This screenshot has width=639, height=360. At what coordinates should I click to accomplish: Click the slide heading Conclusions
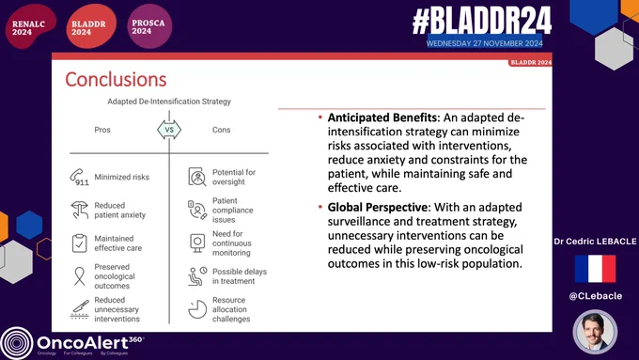(x=116, y=80)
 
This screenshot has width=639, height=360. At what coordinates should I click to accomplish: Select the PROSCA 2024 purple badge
(x=149, y=26)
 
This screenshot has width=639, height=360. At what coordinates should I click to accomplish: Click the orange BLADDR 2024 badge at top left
(x=91, y=26)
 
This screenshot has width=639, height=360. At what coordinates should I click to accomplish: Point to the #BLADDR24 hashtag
(x=482, y=22)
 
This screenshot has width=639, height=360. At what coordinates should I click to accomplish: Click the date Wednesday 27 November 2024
(x=485, y=43)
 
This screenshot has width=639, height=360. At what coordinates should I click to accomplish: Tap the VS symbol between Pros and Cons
(x=169, y=130)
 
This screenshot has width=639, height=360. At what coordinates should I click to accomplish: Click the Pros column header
(x=102, y=130)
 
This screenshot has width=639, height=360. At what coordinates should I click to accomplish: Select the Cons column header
(x=221, y=130)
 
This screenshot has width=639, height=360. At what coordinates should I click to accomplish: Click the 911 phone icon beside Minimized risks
(x=79, y=178)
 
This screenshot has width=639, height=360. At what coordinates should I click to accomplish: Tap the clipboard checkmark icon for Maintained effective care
(x=79, y=243)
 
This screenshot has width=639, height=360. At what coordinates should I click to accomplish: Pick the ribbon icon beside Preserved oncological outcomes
(x=79, y=276)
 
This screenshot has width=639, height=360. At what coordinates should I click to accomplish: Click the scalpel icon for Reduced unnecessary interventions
(x=80, y=309)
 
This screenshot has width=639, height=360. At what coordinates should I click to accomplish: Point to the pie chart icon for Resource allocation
(x=197, y=309)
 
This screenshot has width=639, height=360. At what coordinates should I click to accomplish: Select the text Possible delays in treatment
(x=240, y=276)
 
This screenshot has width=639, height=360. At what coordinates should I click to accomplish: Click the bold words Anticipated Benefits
(x=382, y=117)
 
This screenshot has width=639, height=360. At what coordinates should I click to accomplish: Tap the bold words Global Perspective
(x=378, y=207)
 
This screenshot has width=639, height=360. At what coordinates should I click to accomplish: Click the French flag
(x=595, y=269)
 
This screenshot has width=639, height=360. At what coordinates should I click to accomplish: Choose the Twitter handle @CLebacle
(x=596, y=296)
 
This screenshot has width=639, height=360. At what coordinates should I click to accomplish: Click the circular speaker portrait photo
(x=595, y=332)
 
